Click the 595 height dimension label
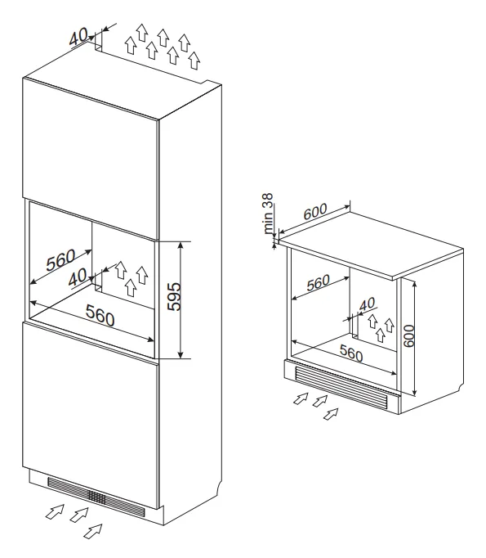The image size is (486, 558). pyautogui.click(x=175, y=297)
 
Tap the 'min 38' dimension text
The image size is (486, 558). pyautogui.click(x=268, y=214)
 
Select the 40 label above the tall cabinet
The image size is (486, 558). pyautogui.click(x=78, y=37)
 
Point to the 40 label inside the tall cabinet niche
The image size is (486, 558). pyautogui.click(x=77, y=277)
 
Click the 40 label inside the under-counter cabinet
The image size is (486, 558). pyautogui.click(x=367, y=304)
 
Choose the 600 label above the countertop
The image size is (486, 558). pyautogui.click(x=315, y=211)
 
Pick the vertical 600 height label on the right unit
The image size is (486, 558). pyautogui.click(x=409, y=335)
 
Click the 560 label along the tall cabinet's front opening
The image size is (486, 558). pyautogui.click(x=100, y=315)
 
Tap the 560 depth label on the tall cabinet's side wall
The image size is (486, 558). pyautogui.click(x=60, y=260)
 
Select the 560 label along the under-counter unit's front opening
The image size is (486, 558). pyautogui.click(x=351, y=353)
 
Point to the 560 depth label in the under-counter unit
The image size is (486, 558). pyautogui.click(x=319, y=283)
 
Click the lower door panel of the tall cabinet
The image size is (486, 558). pyautogui.click(x=90, y=416)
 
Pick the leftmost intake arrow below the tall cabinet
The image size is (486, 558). pyautogui.click(x=55, y=511)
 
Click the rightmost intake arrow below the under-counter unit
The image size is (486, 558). pyautogui.click(x=331, y=413)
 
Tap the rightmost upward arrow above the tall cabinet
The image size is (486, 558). pyautogui.click(x=194, y=61)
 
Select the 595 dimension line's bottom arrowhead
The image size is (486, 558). pyautogui.click(x=181, y=355)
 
